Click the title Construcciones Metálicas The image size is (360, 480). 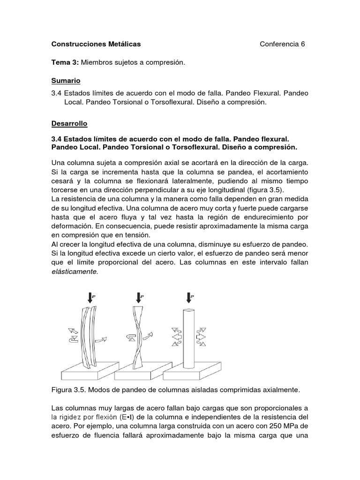(96, 44)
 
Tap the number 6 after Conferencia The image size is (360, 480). (303, 44)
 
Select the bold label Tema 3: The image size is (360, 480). (65, 62)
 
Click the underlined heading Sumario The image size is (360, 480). (66, 81)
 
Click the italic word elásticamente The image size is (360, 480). (75, 272)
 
